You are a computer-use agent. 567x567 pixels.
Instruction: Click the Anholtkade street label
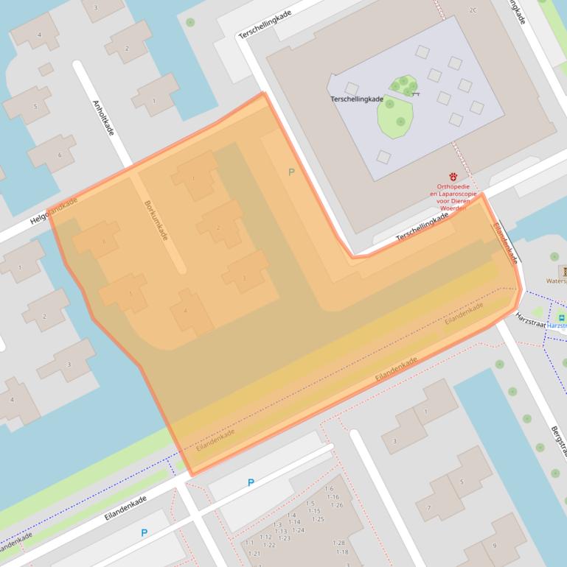coord(104,118)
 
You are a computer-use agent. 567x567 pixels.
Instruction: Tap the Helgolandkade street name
coord(53,211)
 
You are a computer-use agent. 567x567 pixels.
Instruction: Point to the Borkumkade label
coord(156,220)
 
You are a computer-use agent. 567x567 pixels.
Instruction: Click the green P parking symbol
coord(291,172)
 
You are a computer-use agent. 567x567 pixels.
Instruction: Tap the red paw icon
coord(453,177)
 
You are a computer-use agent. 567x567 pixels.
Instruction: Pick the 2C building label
coord(473,10)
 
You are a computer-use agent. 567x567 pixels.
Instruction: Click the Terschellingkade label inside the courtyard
coord(357,99)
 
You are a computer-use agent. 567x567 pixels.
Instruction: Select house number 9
coord(495,546)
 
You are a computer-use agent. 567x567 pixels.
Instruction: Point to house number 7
coord(428,507)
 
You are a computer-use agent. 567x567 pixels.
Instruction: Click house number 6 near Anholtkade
coord(60,155)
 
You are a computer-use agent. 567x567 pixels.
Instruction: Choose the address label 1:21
coord(254,553)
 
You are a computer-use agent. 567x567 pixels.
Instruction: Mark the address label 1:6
coord(329,488)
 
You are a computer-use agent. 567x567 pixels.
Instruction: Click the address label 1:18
coord(341,552)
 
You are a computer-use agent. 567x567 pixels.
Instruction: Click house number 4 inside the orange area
coord(185,311)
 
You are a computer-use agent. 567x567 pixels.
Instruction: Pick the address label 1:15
coord(314,511)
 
